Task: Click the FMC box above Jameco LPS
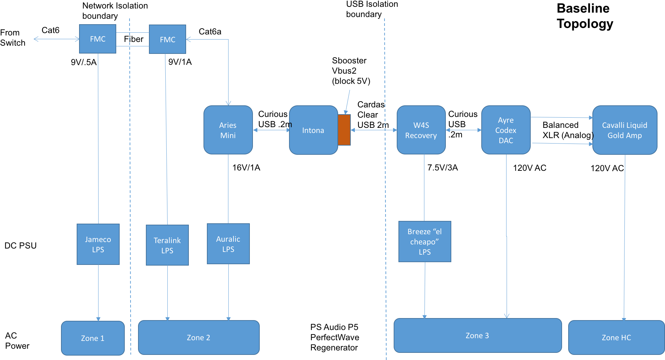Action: tap(97, 39)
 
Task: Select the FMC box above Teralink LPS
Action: tap(167, 39)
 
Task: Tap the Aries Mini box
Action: tap(228, 130)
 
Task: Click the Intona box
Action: tap(313, 130)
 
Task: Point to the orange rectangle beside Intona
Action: tap(344, 130)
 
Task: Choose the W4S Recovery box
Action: tap(421, 130)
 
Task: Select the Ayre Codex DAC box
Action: tap(506, 130)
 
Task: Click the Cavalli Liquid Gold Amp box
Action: tap(624, 130)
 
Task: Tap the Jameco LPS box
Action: tap(98, 244)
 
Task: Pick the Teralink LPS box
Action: tap(167, 245)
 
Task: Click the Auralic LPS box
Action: tap(228, 244)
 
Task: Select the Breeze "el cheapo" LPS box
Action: tap(425, 241)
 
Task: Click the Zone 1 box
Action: tap(93, 338)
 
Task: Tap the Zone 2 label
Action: tap(198, 337)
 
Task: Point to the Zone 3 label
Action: tap(477, 335)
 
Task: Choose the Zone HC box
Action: tap(616, 337)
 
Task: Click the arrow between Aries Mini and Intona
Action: tap(271, 130)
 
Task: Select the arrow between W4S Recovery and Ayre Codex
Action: tap(464, 130)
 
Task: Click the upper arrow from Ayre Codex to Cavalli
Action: tap(562, 117)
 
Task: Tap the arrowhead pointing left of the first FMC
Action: tap(35, 39)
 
